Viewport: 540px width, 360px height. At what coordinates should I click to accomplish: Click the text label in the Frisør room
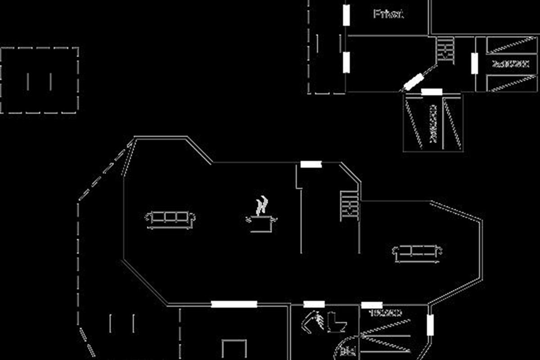tap(388, 14)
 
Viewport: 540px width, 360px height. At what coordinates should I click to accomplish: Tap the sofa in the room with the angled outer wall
tap(417, 253)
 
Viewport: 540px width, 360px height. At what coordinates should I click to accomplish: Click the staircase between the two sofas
tap(350, 206)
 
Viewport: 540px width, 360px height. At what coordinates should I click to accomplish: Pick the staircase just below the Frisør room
tap(445, 49)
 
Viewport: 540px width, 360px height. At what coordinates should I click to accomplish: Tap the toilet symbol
tap(337, 322)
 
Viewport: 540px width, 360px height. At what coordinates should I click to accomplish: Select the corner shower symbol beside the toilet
tap(313, 322)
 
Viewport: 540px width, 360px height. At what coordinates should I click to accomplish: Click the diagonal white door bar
tap(413, 82)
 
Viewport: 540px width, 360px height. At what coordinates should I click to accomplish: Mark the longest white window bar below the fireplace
tap(234, 304)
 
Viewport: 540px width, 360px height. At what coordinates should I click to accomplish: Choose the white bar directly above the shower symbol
tap(314, 304)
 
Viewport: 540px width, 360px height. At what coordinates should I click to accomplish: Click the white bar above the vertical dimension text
tap(432, 92)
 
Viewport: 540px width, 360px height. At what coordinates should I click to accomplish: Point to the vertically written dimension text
tap(433, 124)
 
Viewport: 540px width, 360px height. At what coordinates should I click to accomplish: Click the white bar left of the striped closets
tap(474, 63)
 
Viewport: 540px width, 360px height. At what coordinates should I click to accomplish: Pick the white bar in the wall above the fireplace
tap(311, 164)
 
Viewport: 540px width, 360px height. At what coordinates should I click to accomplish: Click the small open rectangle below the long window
tap(234, 349)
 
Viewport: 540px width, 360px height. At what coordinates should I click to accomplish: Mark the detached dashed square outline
tap(40, 80)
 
